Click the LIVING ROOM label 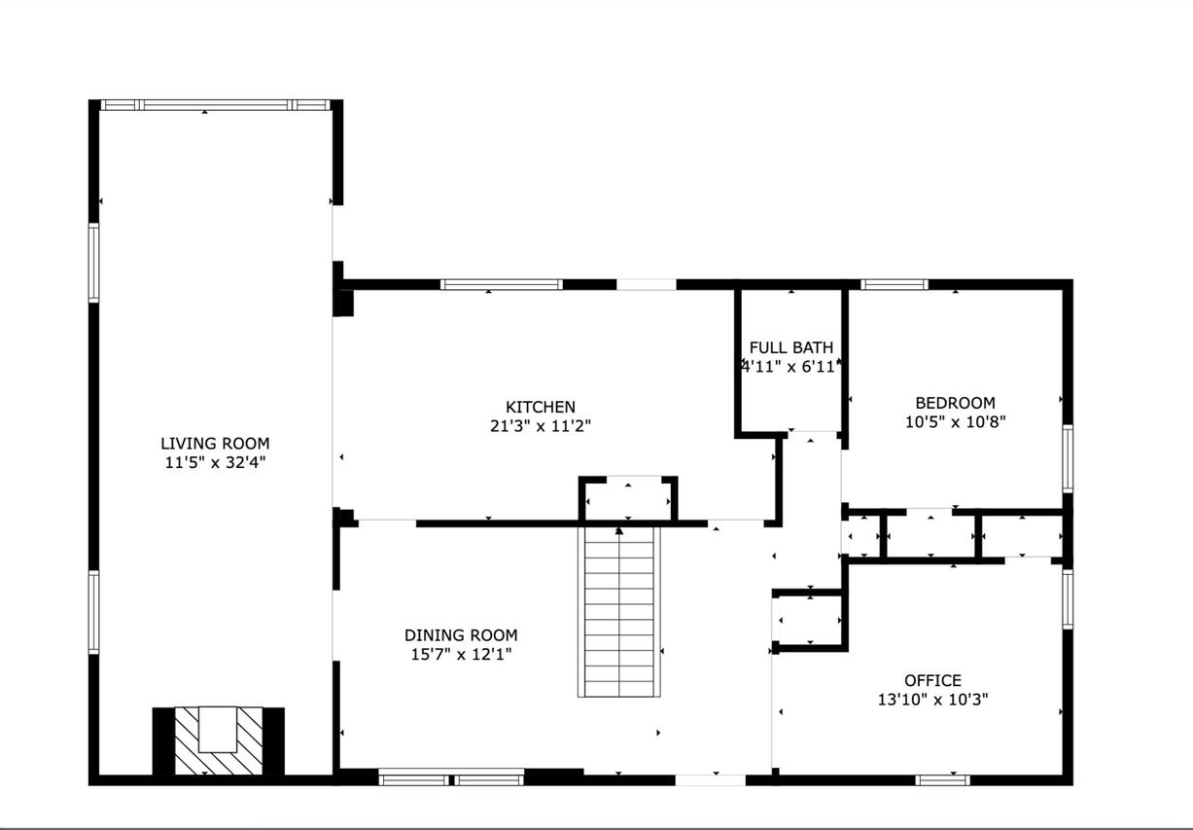click(x=215, y=443)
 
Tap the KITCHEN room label click(x=541, y=407)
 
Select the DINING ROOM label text click(x=461, y=634)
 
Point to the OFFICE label click(x=933, y=680)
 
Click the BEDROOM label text click(x=956, y=403)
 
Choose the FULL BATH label click(x=791, y=347)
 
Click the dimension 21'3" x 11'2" click(x=541, y=426)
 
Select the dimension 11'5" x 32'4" click(x=215, y=462)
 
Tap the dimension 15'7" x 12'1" click(x=461, y=654)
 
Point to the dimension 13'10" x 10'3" click(x=933, y=700)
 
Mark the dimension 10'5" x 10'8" click(x=956, y=421)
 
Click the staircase click(x=619, y=612)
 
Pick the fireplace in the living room click(x=219, y=741)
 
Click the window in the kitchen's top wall click(x=502, y=285)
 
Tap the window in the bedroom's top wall click(x=895, y=285)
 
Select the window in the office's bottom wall click(x=943, y=780)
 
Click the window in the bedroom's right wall click(x=1068, y=458)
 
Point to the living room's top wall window click(x=216, y=105)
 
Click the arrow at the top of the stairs click(x=619, y=531)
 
